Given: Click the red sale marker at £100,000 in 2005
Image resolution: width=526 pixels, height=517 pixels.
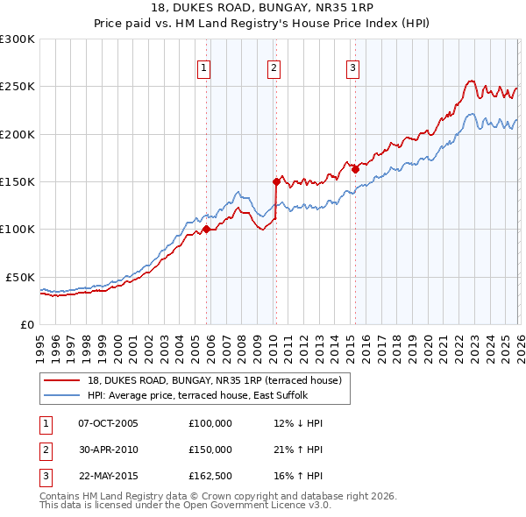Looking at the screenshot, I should pyautogui.click(x=207, y=230).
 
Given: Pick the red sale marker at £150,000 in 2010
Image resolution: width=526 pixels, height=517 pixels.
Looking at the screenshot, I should pyautogui.click(x=276, y=182).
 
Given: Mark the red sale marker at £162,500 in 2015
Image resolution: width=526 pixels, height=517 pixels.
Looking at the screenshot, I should pyautogui.click(x=355, y=170).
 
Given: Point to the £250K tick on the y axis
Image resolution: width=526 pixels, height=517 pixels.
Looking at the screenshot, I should pyautogui.click(x=18, y=87).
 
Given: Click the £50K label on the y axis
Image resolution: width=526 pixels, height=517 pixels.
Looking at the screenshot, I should pyautogui.click(x=20, y=277).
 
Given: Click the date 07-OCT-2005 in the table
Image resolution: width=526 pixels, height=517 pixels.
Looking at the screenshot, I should pyautogui.click(x=108, y=423).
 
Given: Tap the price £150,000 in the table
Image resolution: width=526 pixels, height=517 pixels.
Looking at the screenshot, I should pyautogui.click(x=210, y=450).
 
